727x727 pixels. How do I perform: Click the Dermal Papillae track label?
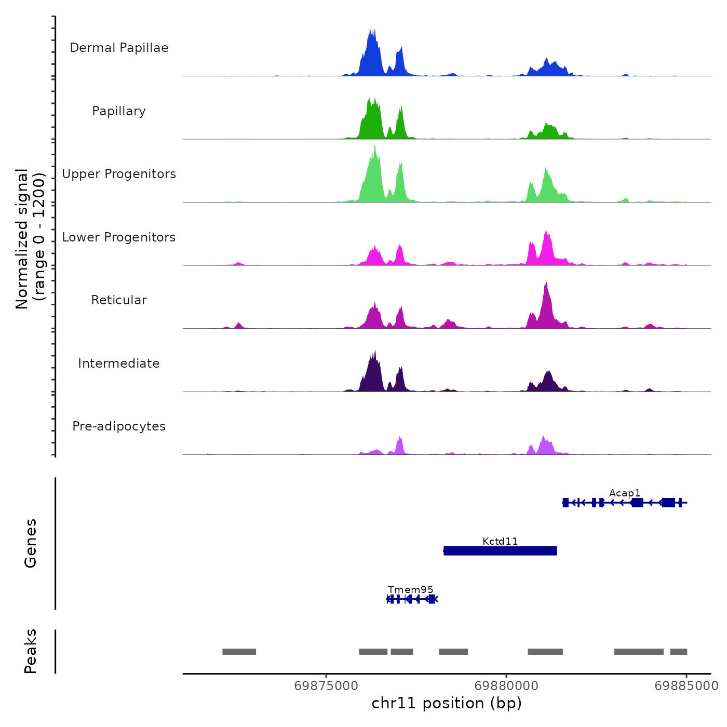point(119,48)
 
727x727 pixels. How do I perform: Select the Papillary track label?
point(119,111)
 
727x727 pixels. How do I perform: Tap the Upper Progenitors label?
point(119,174)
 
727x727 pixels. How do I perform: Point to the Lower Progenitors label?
point(119,237)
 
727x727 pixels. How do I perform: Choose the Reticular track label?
point(119,300)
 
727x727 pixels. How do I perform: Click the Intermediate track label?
point(119,363)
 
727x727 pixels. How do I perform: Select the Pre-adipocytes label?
point(119,426)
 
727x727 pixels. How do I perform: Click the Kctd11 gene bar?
point(500,550)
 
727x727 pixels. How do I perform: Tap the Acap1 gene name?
point(625,493)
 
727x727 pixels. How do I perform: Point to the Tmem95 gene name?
point(410,589)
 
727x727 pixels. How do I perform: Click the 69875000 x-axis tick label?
point(326,686)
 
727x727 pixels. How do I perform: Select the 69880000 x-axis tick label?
point(506,686)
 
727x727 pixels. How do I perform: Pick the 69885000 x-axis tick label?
point(686,686)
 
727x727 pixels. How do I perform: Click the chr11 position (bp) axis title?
point(447,703)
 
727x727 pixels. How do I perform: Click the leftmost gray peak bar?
point(239,652)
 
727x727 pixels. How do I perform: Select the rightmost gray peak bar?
point(678,652)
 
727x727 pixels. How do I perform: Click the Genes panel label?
point(30,543)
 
